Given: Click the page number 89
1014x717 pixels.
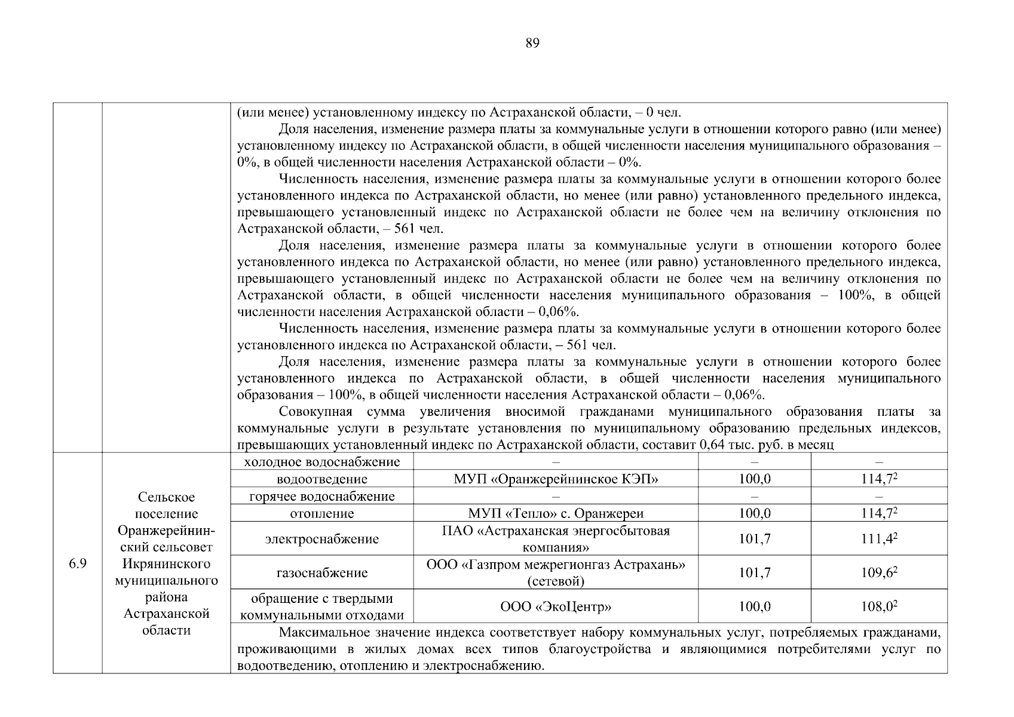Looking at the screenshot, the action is (532, 43).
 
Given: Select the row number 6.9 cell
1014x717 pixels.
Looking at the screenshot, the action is (78, 563).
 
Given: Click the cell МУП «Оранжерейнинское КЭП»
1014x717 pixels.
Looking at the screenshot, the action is (555, 479).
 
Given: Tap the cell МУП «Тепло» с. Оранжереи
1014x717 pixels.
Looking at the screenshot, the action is (555, 513).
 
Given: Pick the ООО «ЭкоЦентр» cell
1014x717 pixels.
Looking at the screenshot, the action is (555, 607).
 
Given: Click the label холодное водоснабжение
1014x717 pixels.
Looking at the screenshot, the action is (322, 462).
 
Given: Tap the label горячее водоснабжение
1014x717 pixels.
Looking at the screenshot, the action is (322, 497).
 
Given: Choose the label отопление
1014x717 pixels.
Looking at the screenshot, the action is (322, 513).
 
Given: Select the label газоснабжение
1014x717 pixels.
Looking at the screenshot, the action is (322, 573).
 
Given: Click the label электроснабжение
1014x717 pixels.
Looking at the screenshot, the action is (322, 540).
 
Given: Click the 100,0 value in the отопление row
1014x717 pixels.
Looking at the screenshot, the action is (754, 513).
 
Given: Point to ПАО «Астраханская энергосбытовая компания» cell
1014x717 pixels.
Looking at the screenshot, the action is (555, 539).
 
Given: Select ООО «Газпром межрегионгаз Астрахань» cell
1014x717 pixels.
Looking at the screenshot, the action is (555, 572).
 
